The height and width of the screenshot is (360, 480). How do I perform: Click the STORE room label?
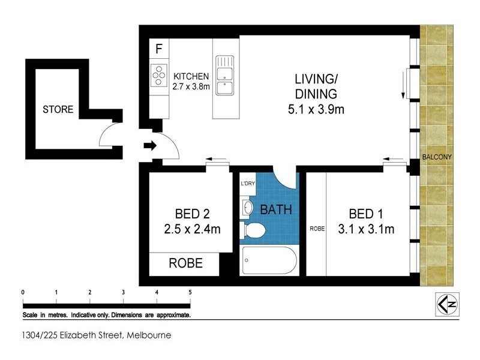[58, 110]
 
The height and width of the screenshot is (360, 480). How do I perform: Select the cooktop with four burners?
[159, 76]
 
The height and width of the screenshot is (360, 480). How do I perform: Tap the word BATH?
[275, 210]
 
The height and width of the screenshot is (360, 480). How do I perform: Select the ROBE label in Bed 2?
[185, 263]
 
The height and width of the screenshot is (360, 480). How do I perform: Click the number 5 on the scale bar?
[190, 292]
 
